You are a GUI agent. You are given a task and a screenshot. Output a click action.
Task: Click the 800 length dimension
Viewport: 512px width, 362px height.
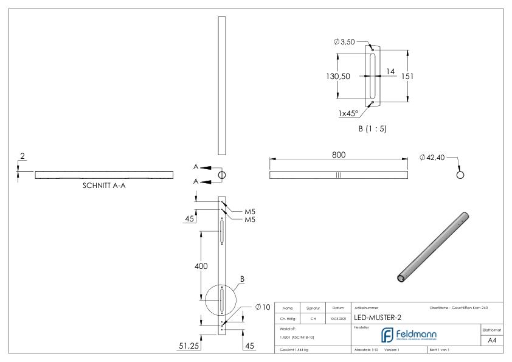pos(338,155)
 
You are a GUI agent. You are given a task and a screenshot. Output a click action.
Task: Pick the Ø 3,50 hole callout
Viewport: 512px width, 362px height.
pos(344,41)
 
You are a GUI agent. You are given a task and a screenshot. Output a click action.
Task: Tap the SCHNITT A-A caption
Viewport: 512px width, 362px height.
pos(104,187)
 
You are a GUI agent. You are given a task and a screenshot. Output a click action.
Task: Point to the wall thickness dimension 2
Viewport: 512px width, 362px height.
pos(22,156)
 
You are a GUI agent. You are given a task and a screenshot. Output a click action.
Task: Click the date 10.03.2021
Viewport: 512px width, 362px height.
pos(338,317)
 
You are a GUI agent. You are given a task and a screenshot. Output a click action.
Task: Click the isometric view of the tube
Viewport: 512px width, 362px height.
pos(432,246)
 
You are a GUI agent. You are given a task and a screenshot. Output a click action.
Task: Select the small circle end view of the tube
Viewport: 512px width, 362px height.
pos(460,175)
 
